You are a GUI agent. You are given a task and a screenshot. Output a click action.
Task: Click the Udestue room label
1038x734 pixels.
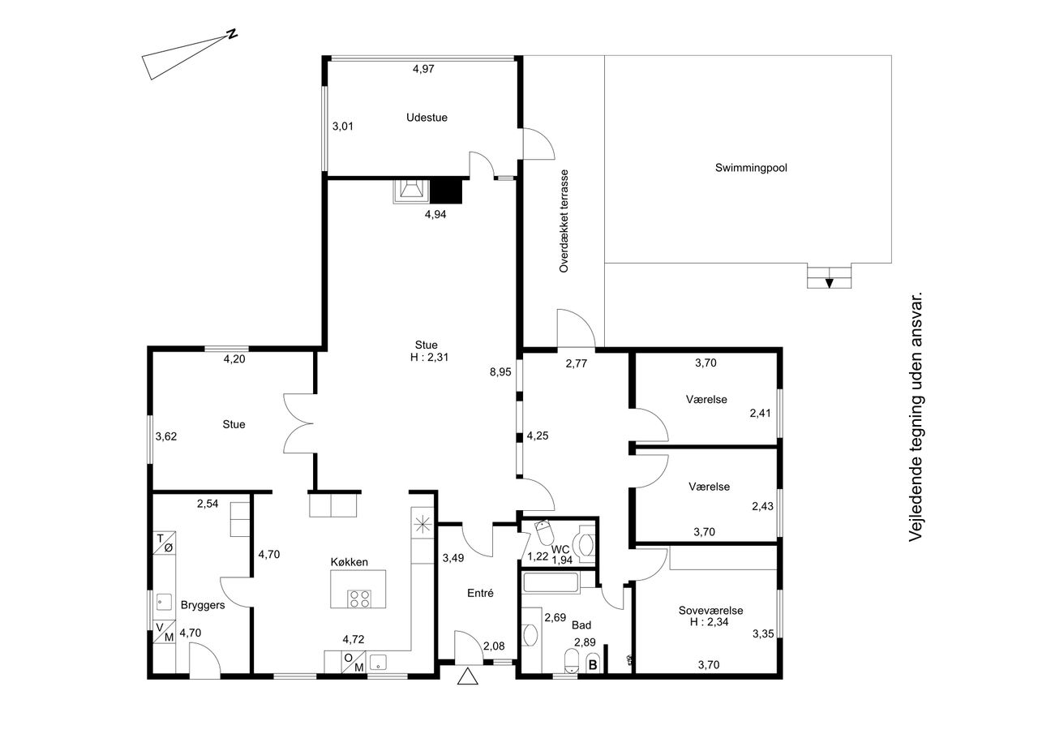click(x=427, y=118)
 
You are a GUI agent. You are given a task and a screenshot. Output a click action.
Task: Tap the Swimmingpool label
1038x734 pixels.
click(x=751, y=168)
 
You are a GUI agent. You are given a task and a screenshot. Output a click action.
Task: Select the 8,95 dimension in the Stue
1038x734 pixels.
click(x=500, y=371)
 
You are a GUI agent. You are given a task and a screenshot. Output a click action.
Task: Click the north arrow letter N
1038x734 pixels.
click(x=232, y=34)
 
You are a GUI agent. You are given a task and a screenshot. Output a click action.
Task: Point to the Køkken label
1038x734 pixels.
click(x=350, y=562)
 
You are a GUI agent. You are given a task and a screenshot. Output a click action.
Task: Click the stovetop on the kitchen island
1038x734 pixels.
click(x=359, y=599)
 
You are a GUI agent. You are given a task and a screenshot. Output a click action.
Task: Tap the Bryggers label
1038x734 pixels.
click(x=203, y=605)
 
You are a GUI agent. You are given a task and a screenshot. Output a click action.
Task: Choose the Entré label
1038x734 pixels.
click(x=481, y=593)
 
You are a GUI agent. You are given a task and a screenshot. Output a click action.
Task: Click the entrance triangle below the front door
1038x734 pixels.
click(x=467, y=676)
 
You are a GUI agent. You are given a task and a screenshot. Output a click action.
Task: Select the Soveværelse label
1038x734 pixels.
click(x=711, y=611)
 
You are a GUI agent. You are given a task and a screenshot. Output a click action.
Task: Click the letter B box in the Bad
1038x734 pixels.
click(x=593, y=665)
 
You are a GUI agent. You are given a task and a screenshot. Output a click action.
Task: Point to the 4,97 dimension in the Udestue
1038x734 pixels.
click(x=423, y=69)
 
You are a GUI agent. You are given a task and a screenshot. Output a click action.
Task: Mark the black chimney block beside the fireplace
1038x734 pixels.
click(x=446, y=191)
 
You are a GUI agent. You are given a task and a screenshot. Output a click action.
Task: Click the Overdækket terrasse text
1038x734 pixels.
click(x=564, y=221)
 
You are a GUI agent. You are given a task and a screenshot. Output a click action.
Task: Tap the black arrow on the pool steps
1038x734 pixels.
click(x=830, y=283)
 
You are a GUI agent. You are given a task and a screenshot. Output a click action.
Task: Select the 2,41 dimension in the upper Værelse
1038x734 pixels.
click(x=761, y=413)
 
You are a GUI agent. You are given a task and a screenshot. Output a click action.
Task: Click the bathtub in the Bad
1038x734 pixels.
click(x=551, y=583)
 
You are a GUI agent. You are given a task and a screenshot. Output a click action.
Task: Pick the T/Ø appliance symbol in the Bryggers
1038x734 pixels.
click(x=164, y=543)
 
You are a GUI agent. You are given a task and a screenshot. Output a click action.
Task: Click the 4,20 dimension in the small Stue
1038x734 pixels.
click(x=234, y=359)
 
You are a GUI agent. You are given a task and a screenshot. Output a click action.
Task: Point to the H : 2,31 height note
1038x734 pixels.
click(x=429, y=358)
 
